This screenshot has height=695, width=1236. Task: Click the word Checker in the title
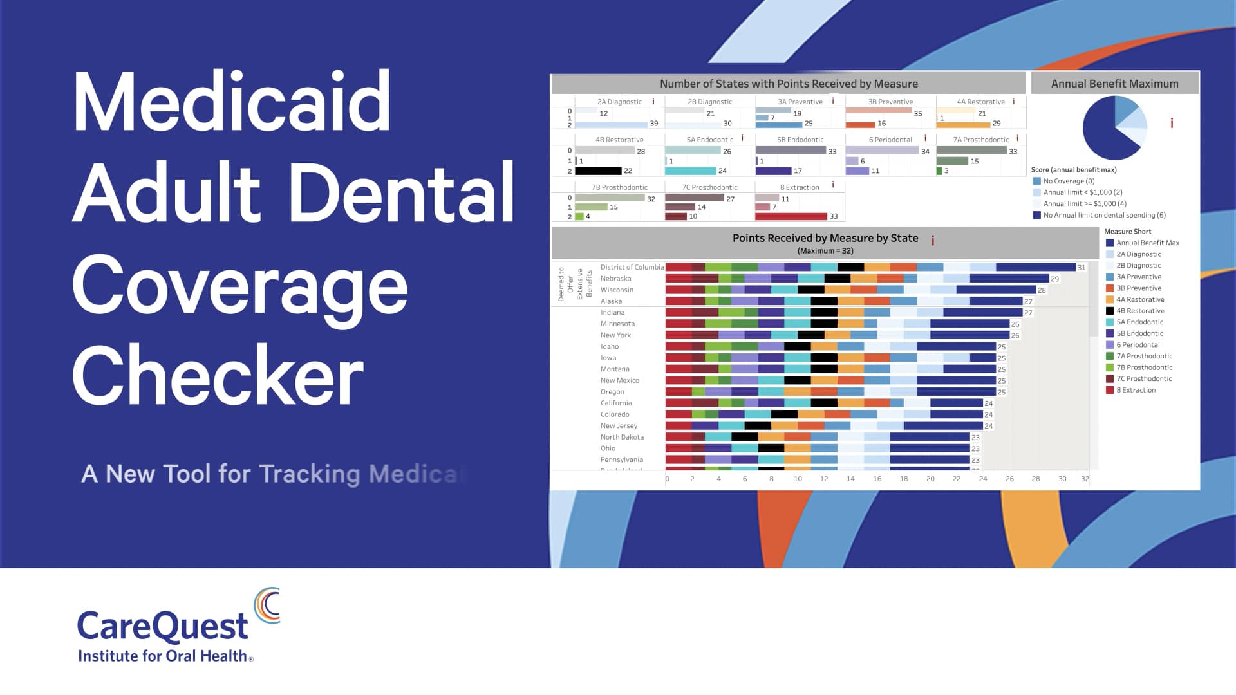pos(218,375)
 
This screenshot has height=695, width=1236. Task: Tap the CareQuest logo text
pos(162,625)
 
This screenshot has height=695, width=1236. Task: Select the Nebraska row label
pos(615,279)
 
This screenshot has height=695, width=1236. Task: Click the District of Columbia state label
pos(632,267)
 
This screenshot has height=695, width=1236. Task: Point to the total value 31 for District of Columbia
pos(1081,268)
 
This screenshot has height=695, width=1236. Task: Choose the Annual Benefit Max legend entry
pos(1147,243)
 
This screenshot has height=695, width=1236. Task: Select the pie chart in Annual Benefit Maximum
pos(1114,128)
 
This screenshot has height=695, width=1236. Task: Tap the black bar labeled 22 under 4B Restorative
pos(598,171)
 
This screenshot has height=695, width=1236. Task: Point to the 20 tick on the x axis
pos(930,479)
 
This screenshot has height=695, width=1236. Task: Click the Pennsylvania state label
pos(621,459)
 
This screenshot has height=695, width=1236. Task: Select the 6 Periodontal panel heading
pos(890,140)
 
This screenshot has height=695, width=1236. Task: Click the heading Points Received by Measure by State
pos(825,238)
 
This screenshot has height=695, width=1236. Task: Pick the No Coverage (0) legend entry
pos(1068,181)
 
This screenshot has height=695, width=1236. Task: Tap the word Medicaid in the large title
pos(232,102)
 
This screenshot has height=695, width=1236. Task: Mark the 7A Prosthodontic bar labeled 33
pos(971,151)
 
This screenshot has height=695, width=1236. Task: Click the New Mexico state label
pos(619,380)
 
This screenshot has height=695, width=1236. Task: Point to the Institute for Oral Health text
pos(162,656)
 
